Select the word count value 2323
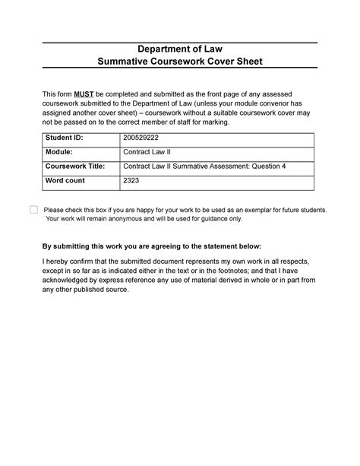tap(133, 181)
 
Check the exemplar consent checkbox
tap(33, 210)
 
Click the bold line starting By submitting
tap(151, 247)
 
